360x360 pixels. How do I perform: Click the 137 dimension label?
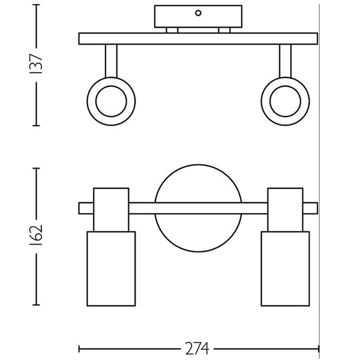36,64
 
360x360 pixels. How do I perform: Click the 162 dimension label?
36,235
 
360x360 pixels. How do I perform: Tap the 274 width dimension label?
197,349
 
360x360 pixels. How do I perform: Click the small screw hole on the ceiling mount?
198,13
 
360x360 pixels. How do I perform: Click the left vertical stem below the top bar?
111,61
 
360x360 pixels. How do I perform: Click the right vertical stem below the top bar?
285,61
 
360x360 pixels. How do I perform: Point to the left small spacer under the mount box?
172,31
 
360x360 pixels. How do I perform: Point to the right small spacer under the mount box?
224,31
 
